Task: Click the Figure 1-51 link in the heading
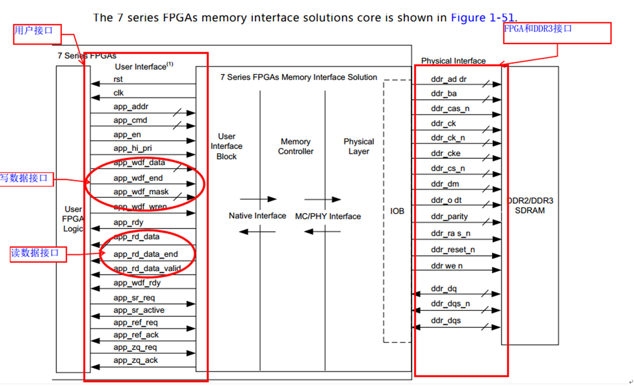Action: click(x=483, y=18)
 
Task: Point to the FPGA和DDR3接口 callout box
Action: click(x=557, y=33)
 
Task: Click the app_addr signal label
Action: click(x=130, y=107)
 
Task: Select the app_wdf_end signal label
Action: click(x=138, y=178)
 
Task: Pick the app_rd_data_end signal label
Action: click(x=146, y=254)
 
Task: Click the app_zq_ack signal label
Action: click(x=135, y=360)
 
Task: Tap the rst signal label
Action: click(x=118, y=79)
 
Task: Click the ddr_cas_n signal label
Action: click(x=450, y=109)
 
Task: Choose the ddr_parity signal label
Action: click(x=449, y=216)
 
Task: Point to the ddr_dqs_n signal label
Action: click(x=450, y=304)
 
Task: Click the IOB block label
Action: click(x=397, y=211)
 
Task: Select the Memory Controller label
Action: click(x=296, y=147)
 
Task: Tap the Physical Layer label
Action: click(x=359, y=147)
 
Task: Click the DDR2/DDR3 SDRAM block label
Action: click(x=530, y=205)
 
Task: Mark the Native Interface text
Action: click(x=257, y=216)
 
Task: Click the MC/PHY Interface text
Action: click(x=328, y=216)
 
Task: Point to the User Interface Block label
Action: click(x=227, y=146)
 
